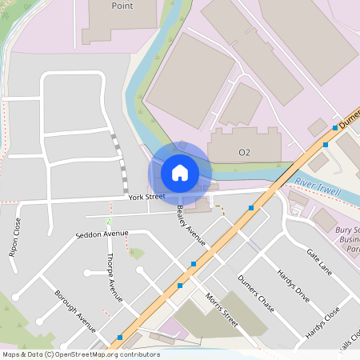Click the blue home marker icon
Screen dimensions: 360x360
tap(180, 172)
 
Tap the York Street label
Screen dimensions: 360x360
tap(146, 196)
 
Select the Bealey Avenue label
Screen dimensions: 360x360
tap(191, 225)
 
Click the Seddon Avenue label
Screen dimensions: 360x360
tap(102, 234)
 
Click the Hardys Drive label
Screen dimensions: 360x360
tap(293, 284)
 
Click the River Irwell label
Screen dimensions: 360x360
tap(318, 189)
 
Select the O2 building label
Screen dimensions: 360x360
tap(245, 152)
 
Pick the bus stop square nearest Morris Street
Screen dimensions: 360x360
tap(180, 285)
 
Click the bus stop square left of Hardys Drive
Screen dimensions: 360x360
tap(251, 208)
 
